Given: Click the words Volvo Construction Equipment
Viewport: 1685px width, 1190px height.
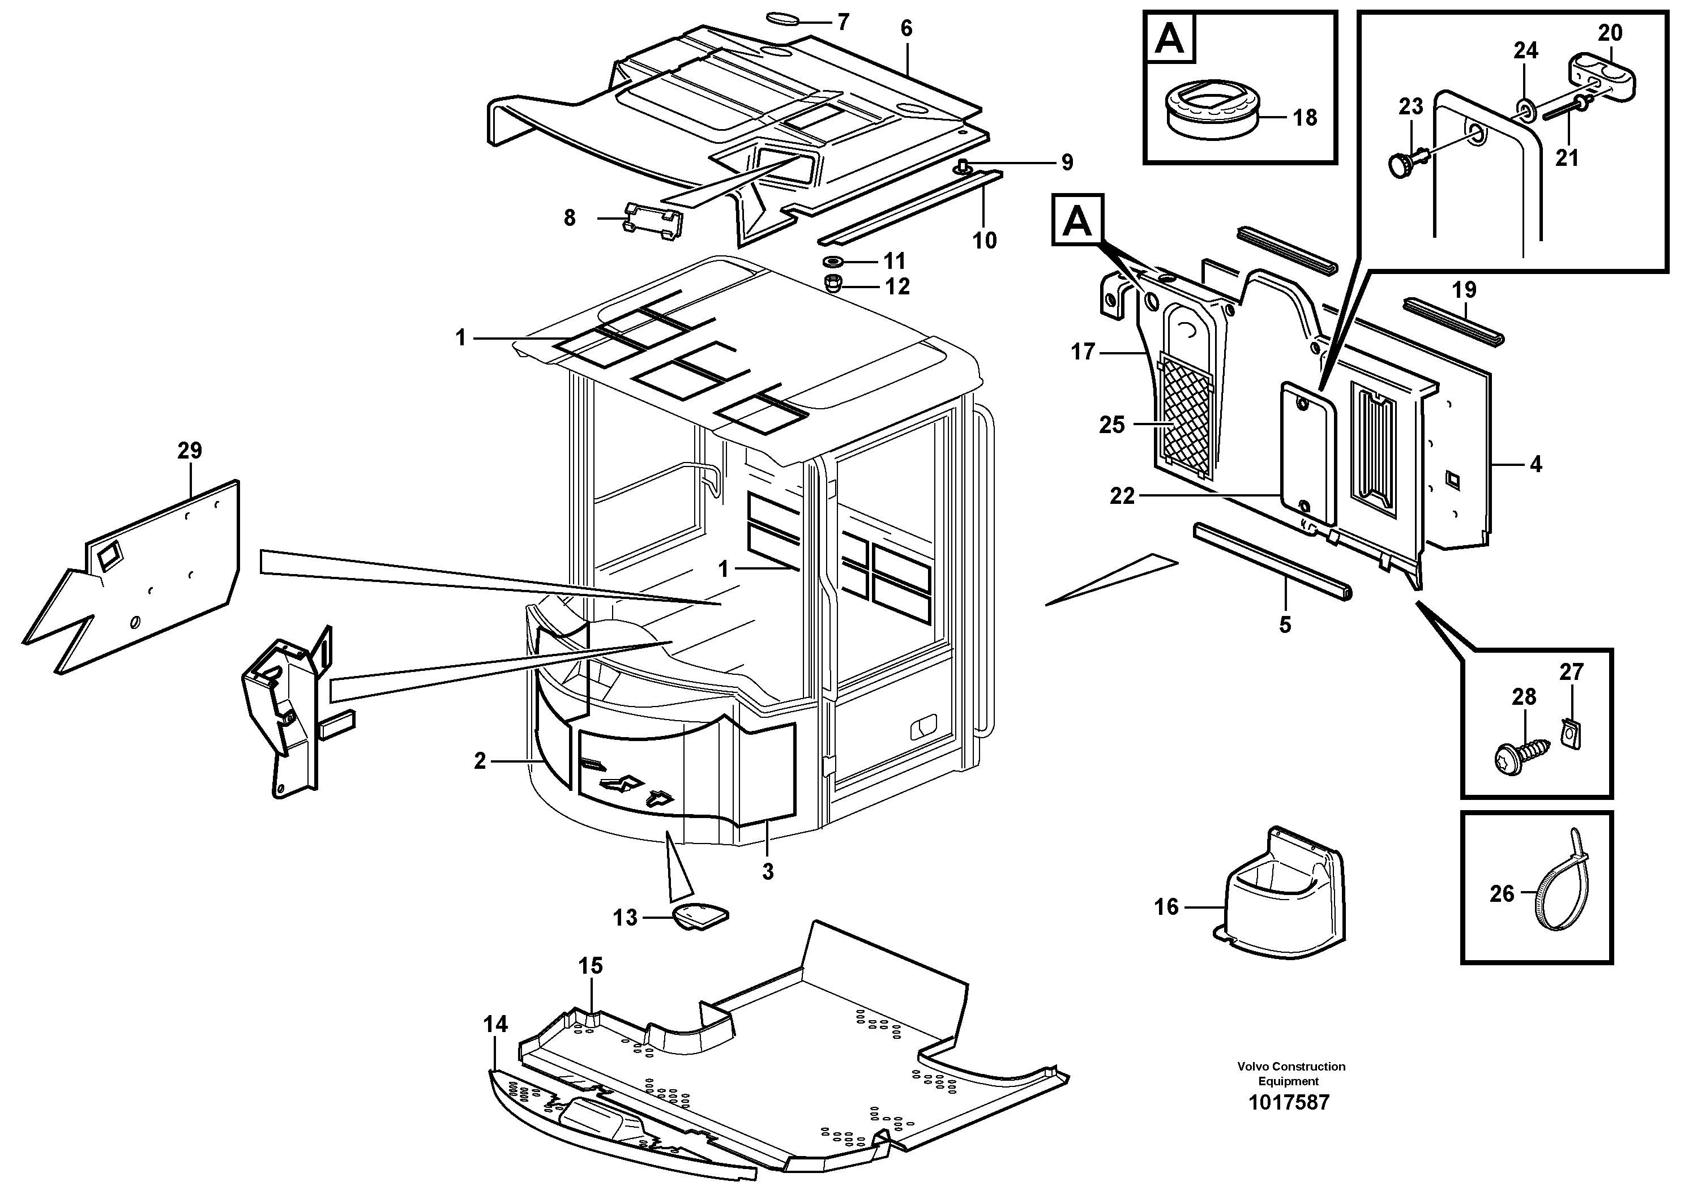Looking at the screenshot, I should tap(1291, 1073).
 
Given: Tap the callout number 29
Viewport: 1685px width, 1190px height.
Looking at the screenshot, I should tap(189, 451).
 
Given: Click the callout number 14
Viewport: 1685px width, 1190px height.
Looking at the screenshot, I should tap(495, 1024).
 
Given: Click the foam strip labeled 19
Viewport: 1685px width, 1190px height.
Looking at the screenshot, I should tap(1452, 320).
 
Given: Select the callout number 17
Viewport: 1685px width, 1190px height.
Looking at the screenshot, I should tap(1083, 352).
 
